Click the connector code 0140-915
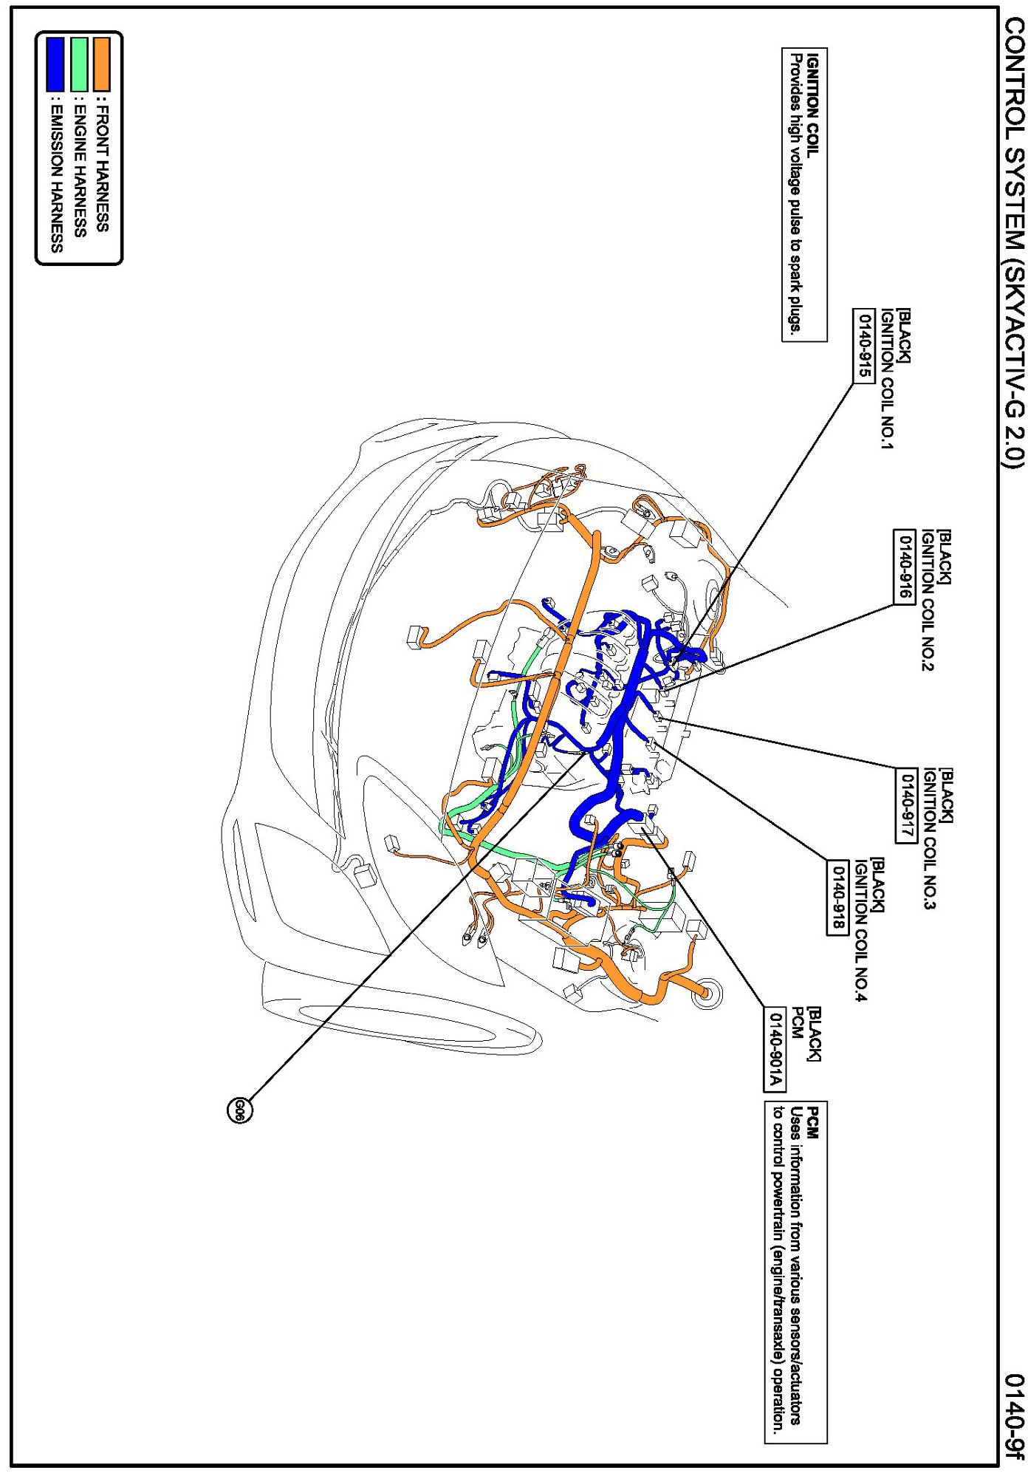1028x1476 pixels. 864,346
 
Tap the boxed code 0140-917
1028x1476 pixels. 907,804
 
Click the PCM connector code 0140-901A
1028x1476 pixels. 775,1049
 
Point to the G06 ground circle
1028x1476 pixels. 239,1110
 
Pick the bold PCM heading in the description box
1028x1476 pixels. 812,1123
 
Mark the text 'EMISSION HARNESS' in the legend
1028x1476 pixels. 55,177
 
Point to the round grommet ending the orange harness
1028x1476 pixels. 705,994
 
